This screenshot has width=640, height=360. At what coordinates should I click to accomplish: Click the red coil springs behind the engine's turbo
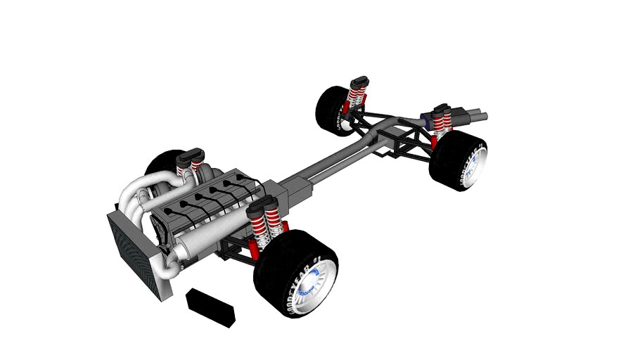point(186,168)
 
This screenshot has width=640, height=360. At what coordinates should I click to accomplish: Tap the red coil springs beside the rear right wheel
point(442,124)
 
